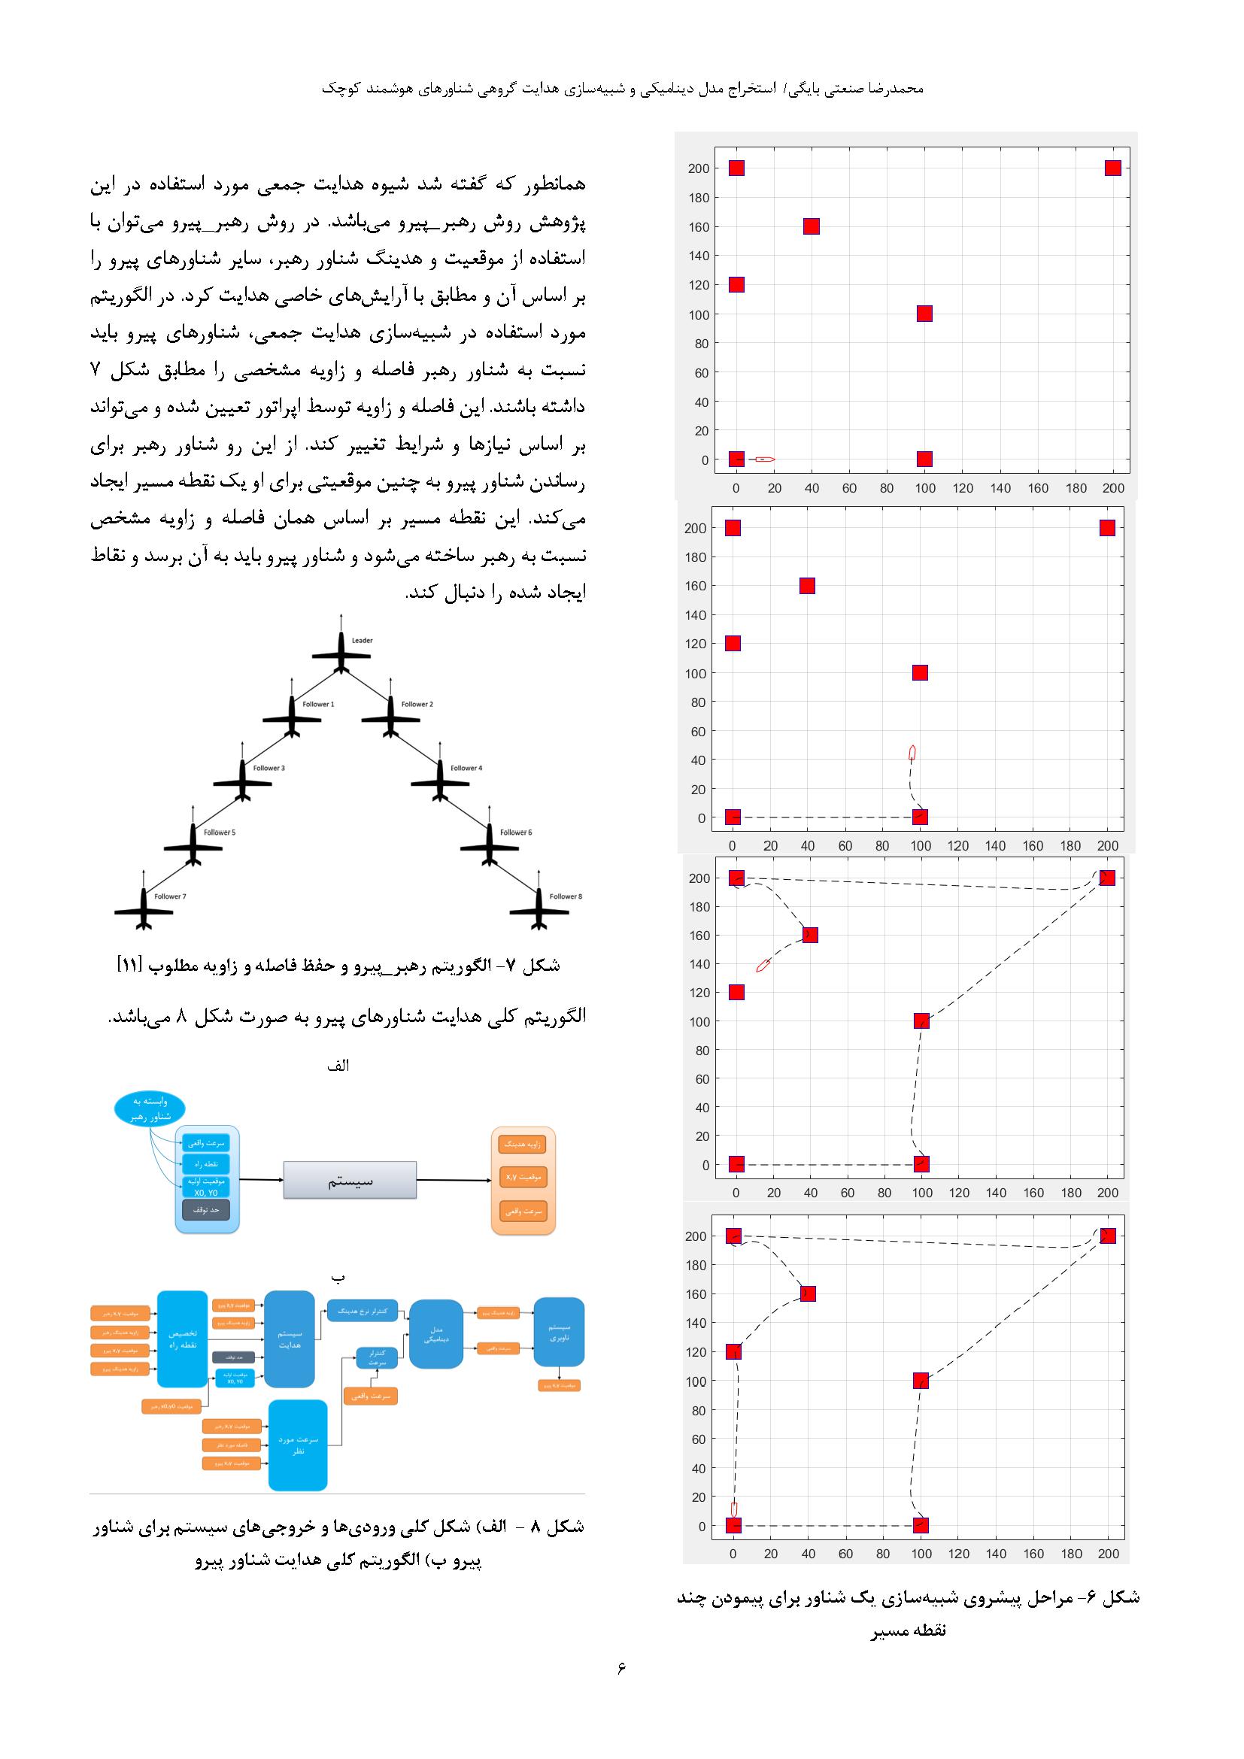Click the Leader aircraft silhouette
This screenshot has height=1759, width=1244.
[341, 655]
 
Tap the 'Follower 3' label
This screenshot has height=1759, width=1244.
[269, 768]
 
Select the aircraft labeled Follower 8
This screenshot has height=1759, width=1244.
[539, 910]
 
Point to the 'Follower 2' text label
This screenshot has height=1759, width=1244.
[417, 704]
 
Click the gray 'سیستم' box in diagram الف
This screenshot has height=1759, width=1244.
[350, 1180]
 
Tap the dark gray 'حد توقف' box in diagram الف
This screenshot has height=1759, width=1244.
[206, 1210]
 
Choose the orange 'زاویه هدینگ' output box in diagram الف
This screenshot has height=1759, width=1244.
[522, 1145]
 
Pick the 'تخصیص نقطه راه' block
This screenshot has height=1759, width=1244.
[182, 1339]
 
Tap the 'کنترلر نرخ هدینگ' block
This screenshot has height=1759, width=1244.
[363, 1311]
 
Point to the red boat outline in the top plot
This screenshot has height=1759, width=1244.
[764, 459]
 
